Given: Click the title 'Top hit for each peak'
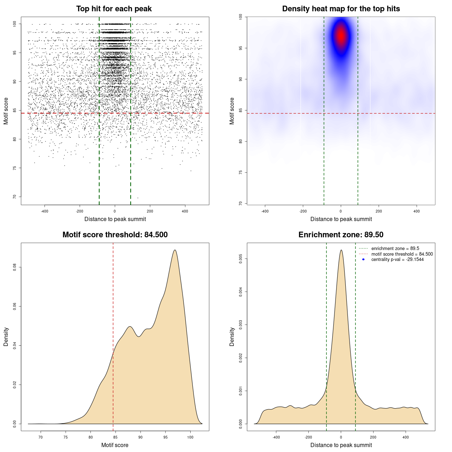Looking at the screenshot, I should [x=114, y=9].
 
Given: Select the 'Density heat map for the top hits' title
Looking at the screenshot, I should [x=341, y=9].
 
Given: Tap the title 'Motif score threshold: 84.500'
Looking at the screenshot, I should [x=115, y=235].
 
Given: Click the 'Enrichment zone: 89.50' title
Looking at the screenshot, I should [x=341, y=235].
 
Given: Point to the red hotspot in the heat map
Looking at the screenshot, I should [x=341, y=36].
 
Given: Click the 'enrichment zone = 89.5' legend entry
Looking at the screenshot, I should [x=395, y=249].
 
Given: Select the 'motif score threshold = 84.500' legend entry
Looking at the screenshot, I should [x=402, y=254].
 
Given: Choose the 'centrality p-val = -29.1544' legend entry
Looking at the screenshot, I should [x=397, y=260].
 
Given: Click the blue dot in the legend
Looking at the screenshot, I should [x=363, y=260].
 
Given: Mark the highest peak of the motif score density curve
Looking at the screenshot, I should [x=175, y=250].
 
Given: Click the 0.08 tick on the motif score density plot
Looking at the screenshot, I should [x=15, y=267].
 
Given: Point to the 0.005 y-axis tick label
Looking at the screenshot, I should [x=241, y=259].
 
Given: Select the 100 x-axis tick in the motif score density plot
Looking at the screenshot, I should [x=191, y=437].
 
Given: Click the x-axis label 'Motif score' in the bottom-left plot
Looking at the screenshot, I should [x=115, y=445].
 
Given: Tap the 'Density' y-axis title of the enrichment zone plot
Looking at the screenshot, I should [x=232, y=337].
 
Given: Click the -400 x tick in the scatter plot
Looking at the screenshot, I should [x=44, y=211].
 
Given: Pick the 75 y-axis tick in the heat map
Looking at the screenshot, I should [x=241, y=172].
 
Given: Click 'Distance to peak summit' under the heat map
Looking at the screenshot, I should [x=341, y=219].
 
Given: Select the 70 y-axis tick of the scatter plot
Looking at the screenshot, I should [x=15, y=197].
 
